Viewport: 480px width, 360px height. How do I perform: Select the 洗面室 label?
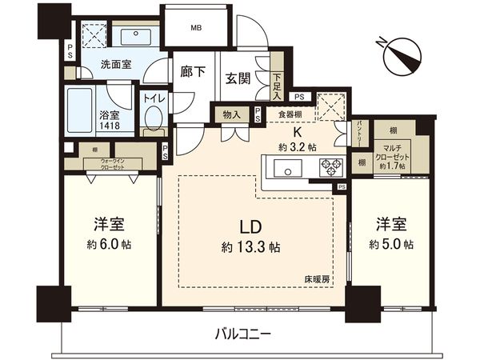[x=116, y=64]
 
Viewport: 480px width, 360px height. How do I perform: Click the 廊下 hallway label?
[x=194, y=72]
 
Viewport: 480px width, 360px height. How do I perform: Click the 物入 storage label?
[x=231, y=114]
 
